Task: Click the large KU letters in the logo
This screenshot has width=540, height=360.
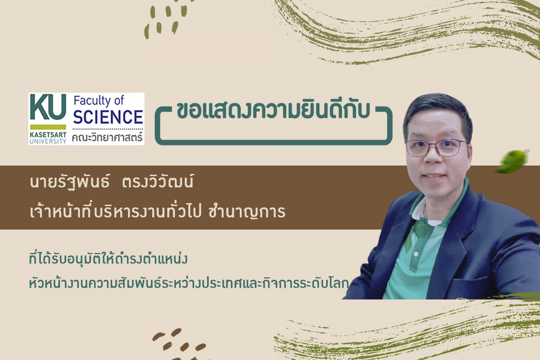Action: [48, 107]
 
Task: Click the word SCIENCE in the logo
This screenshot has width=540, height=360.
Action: [108, 117]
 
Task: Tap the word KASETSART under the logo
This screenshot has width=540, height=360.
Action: [48, 135]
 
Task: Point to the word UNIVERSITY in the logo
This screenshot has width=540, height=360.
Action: [48, 141]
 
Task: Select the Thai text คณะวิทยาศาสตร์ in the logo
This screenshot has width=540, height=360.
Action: [107, 138]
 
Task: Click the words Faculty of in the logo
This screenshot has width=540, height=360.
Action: [99, 101]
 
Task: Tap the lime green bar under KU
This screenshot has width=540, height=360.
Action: [48, 127]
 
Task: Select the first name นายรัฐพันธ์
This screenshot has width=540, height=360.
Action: [70, 182]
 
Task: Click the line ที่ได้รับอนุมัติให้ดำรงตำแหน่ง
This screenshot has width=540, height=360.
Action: [108, 259]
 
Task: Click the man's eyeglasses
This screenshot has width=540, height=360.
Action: [436, 148]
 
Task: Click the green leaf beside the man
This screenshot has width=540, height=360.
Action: [512, 161]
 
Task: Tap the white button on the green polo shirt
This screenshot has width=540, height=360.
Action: [415, 254]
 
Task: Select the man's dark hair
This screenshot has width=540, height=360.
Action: [437, 113]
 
